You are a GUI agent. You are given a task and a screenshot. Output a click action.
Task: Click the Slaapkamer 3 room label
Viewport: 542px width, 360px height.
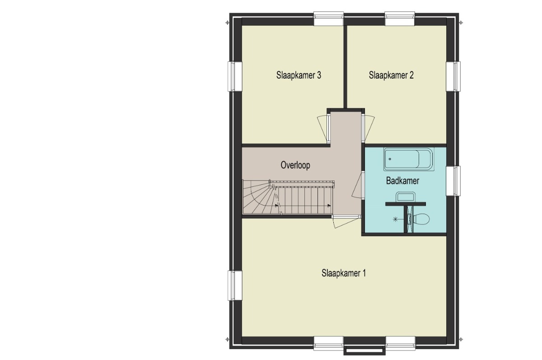(299, 75)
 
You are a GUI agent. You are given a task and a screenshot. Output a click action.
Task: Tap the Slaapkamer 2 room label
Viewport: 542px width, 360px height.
(391, 75)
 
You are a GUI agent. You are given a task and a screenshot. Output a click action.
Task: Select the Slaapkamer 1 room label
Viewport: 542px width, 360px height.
(343, 273)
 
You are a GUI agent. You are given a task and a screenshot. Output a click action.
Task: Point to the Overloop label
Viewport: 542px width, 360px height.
(295, 165)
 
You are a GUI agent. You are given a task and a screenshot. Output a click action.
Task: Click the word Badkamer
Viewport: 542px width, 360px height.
(402, 181)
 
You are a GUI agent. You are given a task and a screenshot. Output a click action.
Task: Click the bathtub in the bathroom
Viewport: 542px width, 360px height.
(408, 159)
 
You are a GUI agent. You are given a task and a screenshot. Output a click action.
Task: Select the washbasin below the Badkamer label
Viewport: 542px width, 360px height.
(405, 196)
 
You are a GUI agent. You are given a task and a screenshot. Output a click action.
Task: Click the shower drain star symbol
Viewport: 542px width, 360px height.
(395, 219)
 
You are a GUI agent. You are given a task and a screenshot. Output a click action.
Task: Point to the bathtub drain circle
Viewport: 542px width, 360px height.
(390, 159)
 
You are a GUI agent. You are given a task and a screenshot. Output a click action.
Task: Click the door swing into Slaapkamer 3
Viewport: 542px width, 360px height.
(323, 128)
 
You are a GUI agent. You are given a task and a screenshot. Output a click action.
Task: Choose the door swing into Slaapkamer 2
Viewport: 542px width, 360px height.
(368, 128)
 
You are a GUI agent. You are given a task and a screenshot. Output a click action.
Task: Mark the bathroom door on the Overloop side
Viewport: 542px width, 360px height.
(358, 185)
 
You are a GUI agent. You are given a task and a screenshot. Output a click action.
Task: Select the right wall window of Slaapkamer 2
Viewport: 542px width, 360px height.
(453, 76)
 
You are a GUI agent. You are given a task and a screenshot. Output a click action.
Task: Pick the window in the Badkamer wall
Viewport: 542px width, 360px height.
(453, 181)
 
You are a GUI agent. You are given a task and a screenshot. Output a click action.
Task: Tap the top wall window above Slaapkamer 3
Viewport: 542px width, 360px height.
(329, 19)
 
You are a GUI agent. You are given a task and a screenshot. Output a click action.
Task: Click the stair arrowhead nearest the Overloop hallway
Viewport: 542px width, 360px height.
(329, 206)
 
